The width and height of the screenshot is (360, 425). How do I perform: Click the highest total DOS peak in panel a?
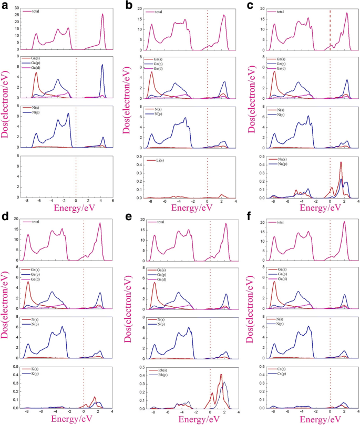[x=103, y=14]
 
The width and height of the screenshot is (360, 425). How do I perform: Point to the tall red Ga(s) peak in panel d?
[x=28, y=282]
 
